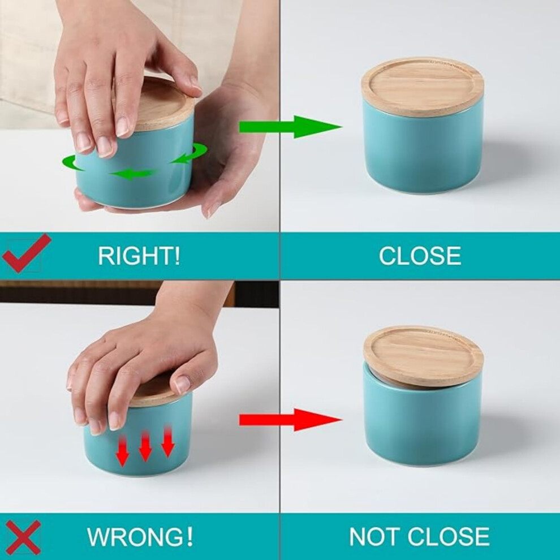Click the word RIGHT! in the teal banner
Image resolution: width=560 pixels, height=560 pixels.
[x=139, y=256]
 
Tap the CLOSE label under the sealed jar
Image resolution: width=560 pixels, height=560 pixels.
[x=420, y=256]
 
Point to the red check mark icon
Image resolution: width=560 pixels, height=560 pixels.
[x=25, y=253]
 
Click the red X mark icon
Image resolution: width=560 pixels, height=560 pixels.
[x=23, y=537]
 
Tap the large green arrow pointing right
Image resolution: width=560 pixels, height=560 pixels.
[x=290, y=127]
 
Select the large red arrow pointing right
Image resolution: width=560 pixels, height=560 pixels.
[x=290, y=420]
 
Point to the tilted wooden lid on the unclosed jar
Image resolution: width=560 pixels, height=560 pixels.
[x=424, y=355]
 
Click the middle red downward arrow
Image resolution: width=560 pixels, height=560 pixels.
[x=145, y=445]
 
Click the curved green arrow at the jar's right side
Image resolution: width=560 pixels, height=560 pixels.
[x=189, y=153]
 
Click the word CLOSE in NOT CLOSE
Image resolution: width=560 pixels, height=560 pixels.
[x=449, y=536]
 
